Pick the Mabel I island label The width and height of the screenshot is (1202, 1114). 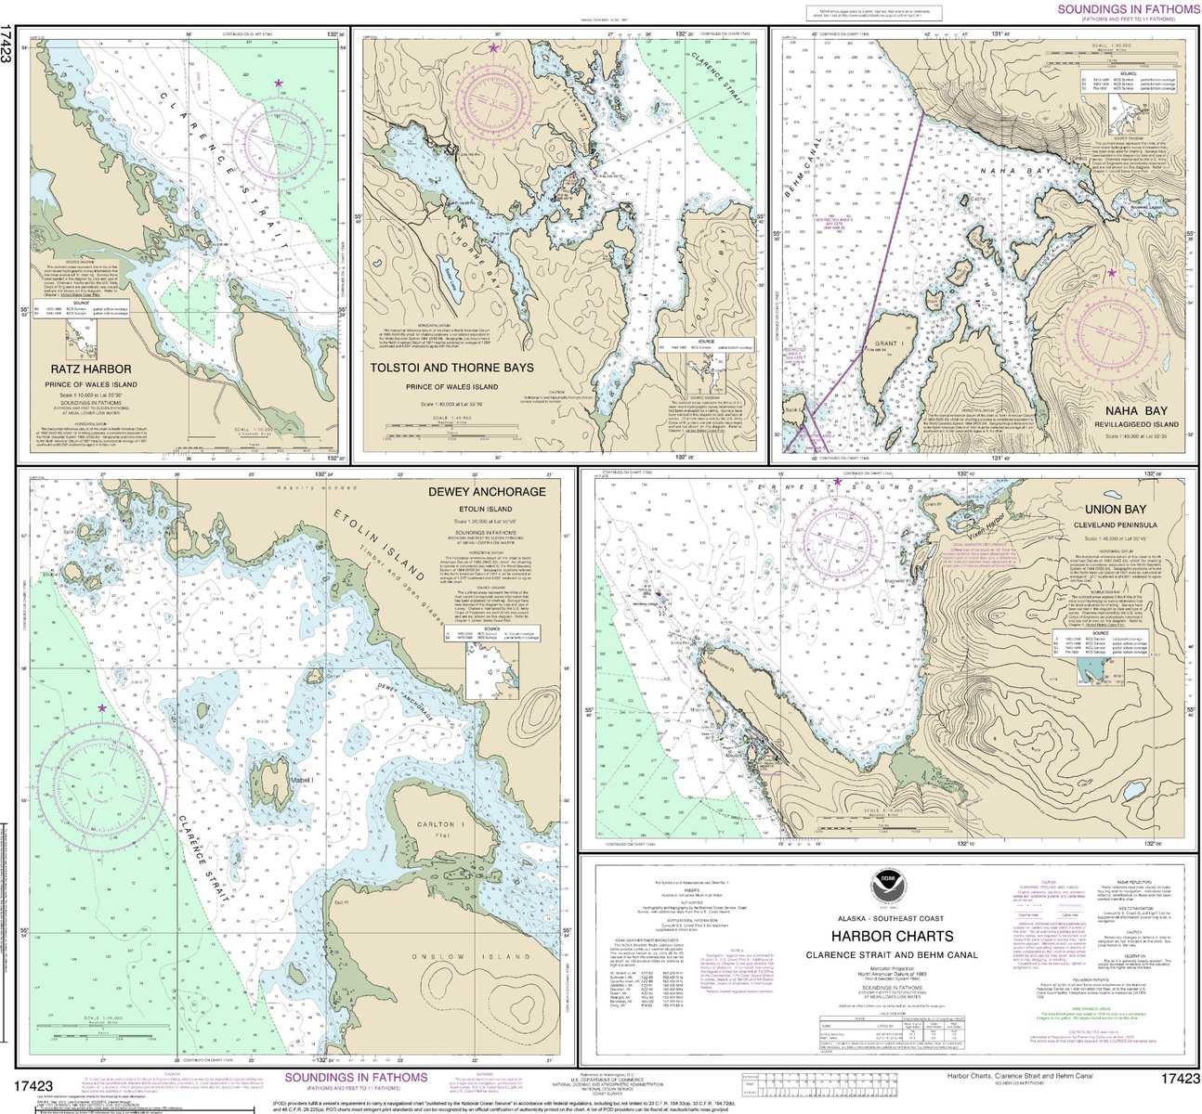301,780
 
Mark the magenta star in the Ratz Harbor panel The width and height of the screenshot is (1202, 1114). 278,84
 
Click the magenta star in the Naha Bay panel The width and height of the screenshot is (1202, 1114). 1111,273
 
